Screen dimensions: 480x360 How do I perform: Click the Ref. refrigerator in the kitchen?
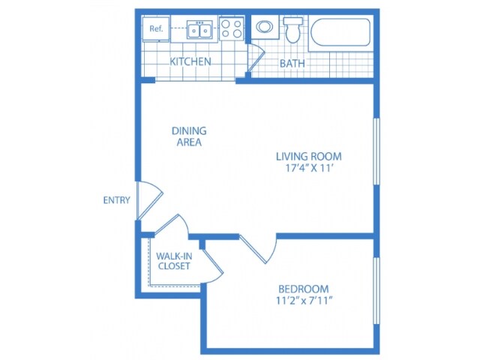click(x=156, y=28)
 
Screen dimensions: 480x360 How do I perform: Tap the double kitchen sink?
click(x=200, y=30)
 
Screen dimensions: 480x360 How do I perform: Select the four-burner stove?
click(x=232, y=28)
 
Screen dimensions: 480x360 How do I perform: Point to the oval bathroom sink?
click(x=265, y=27)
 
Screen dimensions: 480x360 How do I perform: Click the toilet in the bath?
click(x=293, y=29)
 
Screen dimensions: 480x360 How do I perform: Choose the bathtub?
click(x=340, y=32)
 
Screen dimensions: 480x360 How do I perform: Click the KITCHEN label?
click(x=190, y=61)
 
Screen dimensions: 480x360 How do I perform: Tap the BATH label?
click(x=292, y=63)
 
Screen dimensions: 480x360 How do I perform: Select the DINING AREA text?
click(x=189, y=136)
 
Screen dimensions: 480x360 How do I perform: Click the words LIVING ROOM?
click(x=309, y=157)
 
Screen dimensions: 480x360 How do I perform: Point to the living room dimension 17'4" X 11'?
click(x=309, y=168)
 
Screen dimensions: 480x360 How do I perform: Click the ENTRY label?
click(x=117, y=200)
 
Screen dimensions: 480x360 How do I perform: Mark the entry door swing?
click(x=149, y=200)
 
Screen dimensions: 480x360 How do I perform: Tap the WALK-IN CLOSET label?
click(x=174, y=261)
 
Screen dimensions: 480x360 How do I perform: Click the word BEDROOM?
click(x=304, y=289)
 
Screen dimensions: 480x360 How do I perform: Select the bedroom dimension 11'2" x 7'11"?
click(x=304, y=301)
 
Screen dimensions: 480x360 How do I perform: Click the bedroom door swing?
click(x=259, y=248)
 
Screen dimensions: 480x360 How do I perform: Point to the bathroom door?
click(x=256, y=58)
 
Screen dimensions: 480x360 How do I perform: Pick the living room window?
click(x=376, y=151)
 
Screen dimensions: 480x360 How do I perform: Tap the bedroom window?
click(x=376, y=290)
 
